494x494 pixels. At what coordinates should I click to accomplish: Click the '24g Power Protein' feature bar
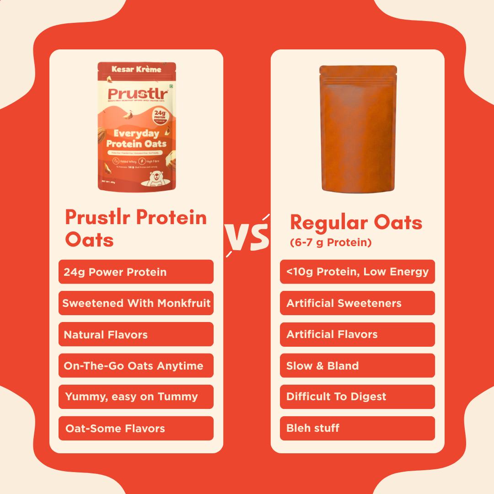point(136,272)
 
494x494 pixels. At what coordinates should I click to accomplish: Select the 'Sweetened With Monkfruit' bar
point(136,303)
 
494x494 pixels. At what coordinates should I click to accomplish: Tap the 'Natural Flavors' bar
point(136,334)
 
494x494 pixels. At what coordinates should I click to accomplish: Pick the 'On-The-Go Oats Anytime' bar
point(136,365)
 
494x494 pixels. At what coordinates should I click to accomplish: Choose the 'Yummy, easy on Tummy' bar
point(136,397)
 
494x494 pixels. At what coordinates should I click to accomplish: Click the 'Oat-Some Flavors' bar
point(136,428)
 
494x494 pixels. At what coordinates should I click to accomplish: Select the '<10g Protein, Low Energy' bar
point(357,272)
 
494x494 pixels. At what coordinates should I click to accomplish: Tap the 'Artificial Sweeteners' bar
point(357,303)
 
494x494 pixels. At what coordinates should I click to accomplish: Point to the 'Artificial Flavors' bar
point(357,334)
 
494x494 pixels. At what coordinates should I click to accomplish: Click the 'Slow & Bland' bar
point(357,365)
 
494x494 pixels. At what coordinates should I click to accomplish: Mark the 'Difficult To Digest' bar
point(357,397)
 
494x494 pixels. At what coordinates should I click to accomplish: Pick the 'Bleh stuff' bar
point(357,428)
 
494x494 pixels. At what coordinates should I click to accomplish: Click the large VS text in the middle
point(247,236)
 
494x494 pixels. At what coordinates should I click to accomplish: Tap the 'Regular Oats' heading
point(356,223)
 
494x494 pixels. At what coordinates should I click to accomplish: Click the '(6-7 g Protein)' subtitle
point(331,242)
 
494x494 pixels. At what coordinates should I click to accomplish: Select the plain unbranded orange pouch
point(358,128)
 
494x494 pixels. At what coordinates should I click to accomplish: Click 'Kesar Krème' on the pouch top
point(136,69)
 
